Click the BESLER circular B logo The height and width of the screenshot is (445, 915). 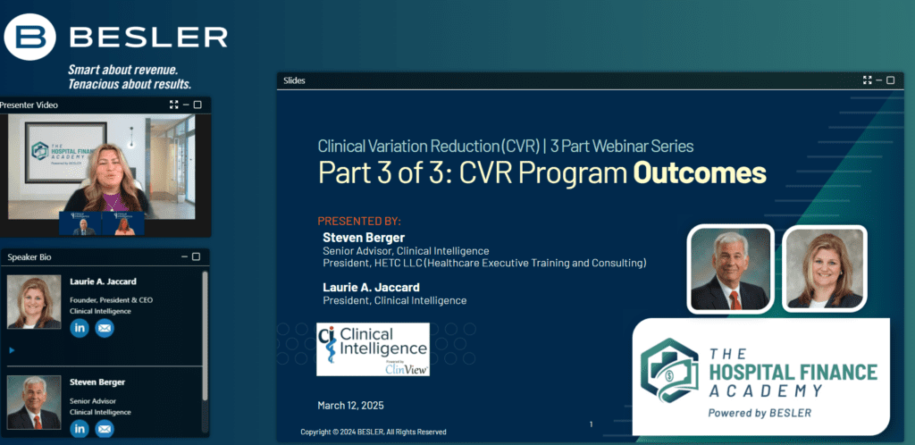coord(29,38)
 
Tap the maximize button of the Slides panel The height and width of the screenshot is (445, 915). coord(891,80)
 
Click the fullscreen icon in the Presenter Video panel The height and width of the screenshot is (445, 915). coord(173,105)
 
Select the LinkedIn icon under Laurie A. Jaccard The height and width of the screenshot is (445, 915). coord(80,328)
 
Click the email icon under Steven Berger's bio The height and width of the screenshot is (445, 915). coord(105,429)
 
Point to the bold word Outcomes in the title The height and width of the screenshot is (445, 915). coord(700,173)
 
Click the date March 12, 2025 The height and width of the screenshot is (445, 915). coord(350,406)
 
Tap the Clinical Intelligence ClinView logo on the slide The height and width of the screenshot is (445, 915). coord(373,349)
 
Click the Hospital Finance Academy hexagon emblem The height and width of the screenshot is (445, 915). coord(668,370)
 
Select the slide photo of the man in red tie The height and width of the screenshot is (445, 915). coord(730,269)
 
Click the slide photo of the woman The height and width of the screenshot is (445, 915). coord(825,269)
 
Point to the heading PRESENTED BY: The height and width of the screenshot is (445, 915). coord(359,222)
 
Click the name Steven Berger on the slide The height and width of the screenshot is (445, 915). coord(364,238)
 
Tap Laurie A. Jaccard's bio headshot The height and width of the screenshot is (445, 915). coord(34,301)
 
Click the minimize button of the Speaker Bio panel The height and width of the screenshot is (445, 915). coord(184,256)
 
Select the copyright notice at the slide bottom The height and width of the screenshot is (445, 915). coord(374,432)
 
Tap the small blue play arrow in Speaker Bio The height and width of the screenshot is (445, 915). coord(13,350)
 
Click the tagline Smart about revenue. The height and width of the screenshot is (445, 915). coord(123,70)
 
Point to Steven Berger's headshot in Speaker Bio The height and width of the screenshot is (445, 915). coord(34,402)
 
